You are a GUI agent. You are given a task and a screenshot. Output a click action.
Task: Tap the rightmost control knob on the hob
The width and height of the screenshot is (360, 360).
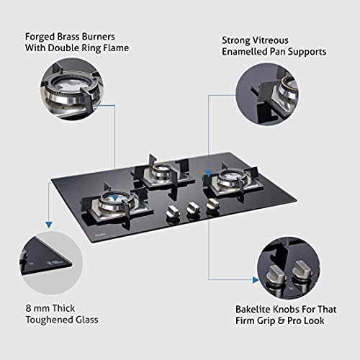click(211, 206)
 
